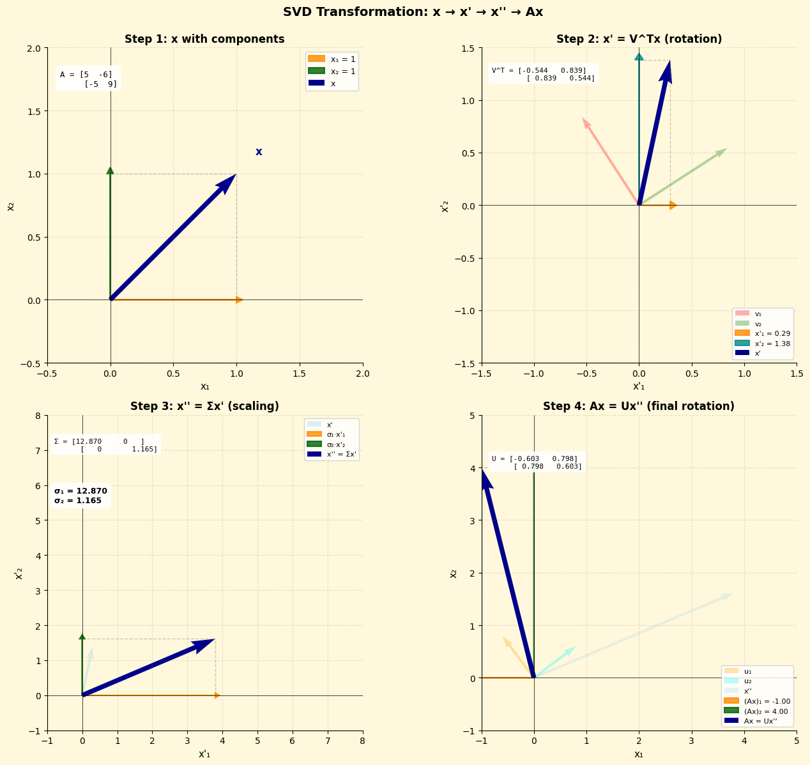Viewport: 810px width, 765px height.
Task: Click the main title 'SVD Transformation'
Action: (413, 12)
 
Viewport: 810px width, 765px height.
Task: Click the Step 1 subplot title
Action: (204, 39)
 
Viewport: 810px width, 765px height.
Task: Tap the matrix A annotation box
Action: (88, 79)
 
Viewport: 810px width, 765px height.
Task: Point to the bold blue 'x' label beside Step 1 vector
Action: (259, 152)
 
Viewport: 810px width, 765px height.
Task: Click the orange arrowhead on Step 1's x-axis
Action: (240, 300)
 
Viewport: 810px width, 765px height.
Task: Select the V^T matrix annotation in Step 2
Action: (543, 74)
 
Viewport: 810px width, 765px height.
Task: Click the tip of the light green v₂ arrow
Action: (724, 150)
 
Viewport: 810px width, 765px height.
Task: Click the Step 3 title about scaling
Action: (204, 406)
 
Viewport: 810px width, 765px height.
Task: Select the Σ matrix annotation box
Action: (105, 445)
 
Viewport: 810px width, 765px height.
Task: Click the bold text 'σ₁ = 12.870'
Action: (80, 491)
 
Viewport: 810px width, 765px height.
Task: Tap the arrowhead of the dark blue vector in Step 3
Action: (208, 643)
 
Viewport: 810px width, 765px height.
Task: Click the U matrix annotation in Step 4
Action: (537, 462)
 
